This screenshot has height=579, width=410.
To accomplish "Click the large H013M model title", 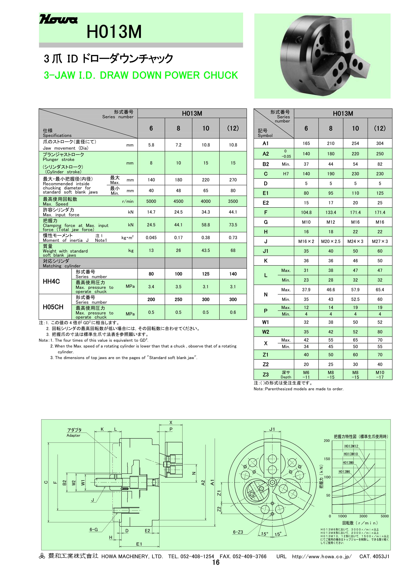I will (x=114, y=32).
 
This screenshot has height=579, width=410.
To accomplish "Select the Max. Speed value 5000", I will (x=151, y=201).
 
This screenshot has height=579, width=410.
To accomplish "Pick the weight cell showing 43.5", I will (x=206, y=250).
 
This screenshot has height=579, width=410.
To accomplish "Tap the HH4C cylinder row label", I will (x=51, y=281).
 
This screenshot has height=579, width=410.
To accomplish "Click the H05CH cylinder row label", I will (x=53, y=307).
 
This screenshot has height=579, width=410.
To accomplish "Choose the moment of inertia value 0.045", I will (x=151, y=238).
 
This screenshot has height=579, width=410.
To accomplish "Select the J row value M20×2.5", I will (x=330, y=241).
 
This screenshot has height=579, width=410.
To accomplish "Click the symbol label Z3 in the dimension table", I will (x=265, y=375).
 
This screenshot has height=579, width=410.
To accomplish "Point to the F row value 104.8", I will (x=306, y=212).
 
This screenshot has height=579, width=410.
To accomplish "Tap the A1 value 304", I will (x=380, y=143).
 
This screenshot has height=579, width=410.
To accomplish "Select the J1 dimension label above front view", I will (x=272, y=429).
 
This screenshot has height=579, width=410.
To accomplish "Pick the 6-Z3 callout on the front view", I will (x=238, y=532).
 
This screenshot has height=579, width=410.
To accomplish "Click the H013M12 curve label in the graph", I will (x=351, y=446).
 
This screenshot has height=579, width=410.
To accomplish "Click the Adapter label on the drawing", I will (x=73, y=435).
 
